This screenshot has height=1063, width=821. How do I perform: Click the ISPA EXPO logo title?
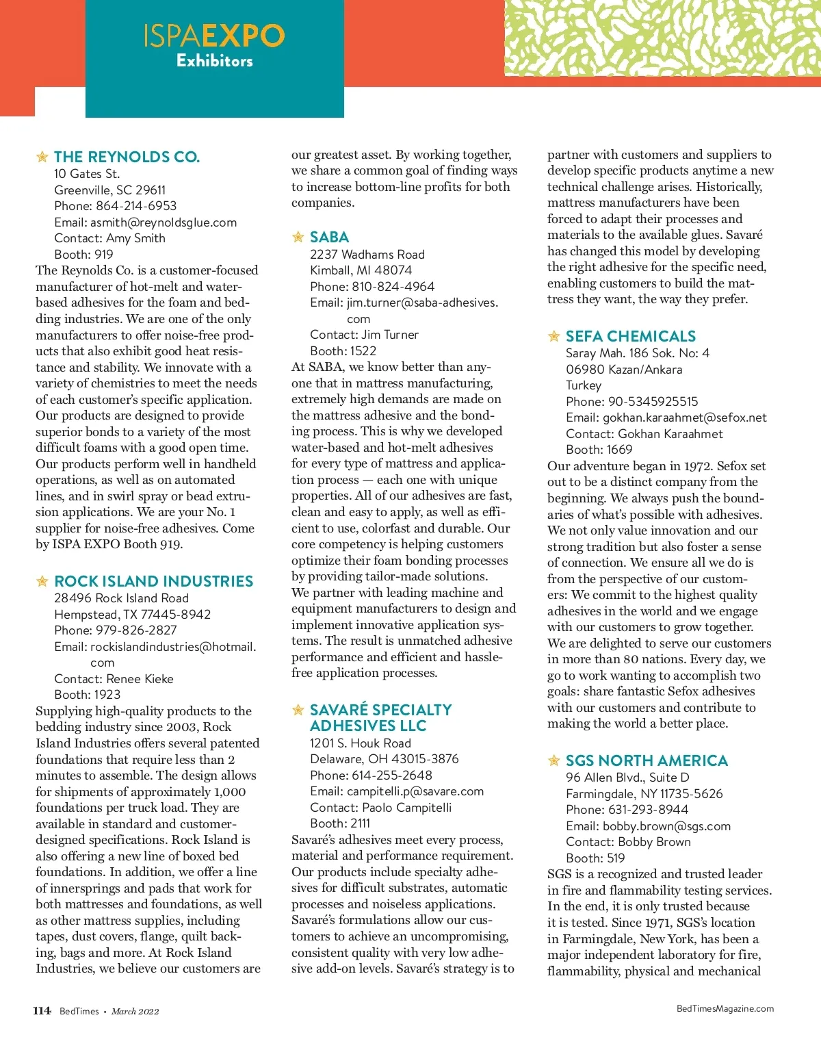[213, 36]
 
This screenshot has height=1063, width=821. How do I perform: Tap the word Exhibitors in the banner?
[214, 61]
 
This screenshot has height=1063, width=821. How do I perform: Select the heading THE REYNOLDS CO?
[127, 157]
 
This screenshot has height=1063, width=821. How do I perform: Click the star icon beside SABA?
[298, 237]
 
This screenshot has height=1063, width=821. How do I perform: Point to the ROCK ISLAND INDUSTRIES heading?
[153, 581]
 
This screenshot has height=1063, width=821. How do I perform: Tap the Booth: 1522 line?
[343, 351]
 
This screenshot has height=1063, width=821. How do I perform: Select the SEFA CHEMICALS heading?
[630, 336]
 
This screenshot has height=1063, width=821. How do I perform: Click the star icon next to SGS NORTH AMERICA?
[554, 760]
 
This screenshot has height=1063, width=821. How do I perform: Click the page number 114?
[42, 1011]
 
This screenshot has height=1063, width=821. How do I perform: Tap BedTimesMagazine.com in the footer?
[725, 1008]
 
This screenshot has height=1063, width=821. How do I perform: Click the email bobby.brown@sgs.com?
[666, 826]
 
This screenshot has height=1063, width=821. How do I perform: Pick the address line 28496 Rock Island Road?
[121, 598]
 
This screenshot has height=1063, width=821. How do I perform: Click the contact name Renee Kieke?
[140, 679]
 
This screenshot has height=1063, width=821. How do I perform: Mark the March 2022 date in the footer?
[135, 1012]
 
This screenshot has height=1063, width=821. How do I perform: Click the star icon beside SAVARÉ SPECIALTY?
[298, 710]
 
